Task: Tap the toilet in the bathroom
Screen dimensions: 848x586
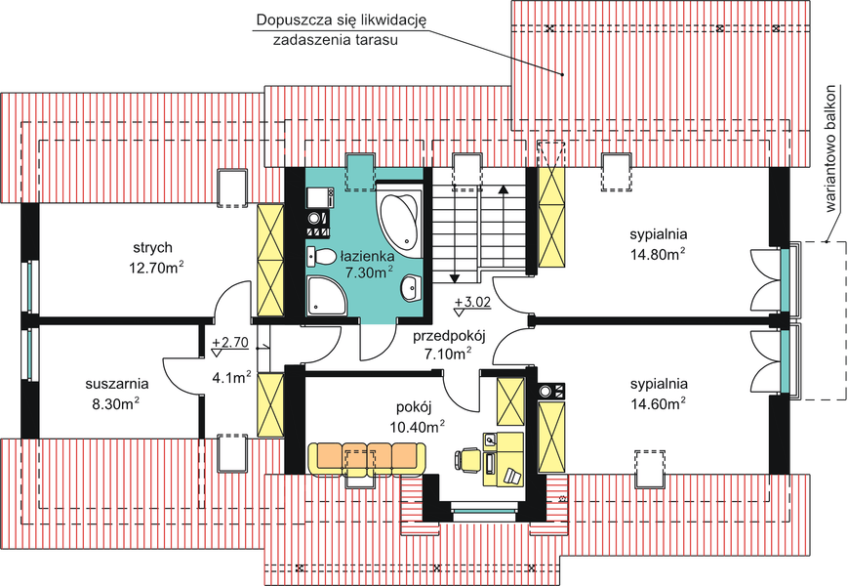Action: (321, 257)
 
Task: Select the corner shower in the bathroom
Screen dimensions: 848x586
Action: (326, 295)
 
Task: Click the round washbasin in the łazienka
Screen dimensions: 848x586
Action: (412, 287)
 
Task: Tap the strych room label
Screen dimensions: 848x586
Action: (153, 247)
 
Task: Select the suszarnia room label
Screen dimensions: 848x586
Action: (117, 384)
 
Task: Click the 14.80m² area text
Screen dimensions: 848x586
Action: (658, 253)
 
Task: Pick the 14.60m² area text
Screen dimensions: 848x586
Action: (658, 403)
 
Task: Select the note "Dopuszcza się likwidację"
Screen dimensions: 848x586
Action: (342, 21)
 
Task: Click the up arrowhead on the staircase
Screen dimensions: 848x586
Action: (503, 188)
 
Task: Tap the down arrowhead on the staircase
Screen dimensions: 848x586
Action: (455, 278)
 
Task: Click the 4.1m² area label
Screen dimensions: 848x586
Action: (231, 377)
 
